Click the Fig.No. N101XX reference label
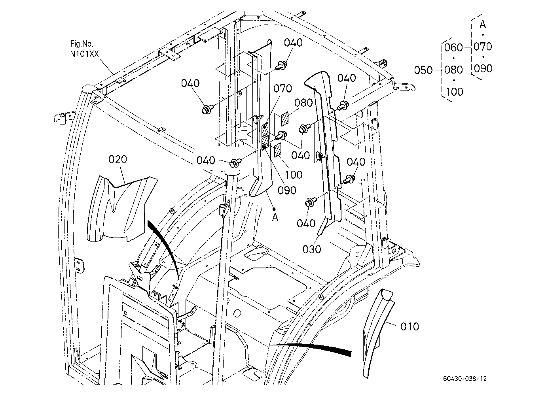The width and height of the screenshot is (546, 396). click(x=84, y=49)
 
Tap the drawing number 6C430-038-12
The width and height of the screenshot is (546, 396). click(x=464, y=379)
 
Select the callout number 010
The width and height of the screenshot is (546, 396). click(x=409, y=326)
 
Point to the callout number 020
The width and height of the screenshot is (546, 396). click(x=118, y=160)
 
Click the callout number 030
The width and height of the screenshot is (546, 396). click(x=312, y=249)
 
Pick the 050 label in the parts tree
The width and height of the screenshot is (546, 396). click(x=423, y=70)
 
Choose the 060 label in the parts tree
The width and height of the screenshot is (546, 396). click(x=453, y=47)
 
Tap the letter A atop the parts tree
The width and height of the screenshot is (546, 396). click(x=483, y=25)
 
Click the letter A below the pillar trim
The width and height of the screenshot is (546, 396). click(x=275, y=217)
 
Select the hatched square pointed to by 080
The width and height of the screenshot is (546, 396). click(x=285, y=119)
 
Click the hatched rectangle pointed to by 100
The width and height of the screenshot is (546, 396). click(x=278, y=150)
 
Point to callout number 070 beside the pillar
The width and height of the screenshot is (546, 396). click(x=282, y=89)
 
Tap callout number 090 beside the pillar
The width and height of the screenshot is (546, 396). click(x=287, y=190)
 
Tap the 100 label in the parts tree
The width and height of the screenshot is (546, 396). click(x=454, y=92)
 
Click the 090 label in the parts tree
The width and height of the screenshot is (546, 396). click(x=483, y=69)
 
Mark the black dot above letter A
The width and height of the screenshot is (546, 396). click(x=274, y=209)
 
